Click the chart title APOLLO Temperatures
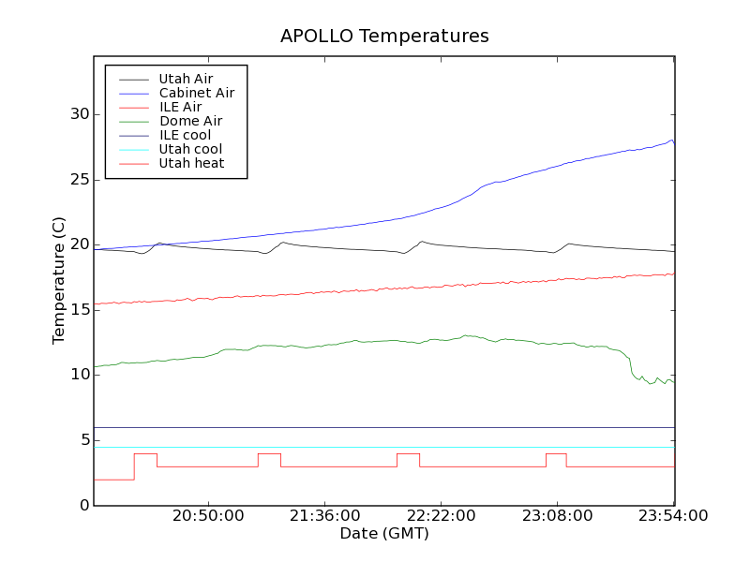click(x=384, y=37)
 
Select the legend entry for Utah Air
click(x=186, y=79)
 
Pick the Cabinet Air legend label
click(x=196, y=93)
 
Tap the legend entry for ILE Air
click(x=180, y=107)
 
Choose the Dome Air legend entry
click(x=190, y=121)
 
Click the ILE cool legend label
click(x=185, y=135)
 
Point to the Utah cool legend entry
click(x=190, y=149)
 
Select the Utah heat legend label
click(x=190, y=163)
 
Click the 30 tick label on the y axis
click(x=79, y=114)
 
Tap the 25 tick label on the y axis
click(x=79, y=180)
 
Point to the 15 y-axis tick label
click(x=79, y=310)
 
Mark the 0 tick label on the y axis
click(x=84, y=506)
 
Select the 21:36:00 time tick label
click(x=324, y=516)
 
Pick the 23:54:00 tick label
click(x=673, y=516)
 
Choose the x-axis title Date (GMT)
click(x=383, y=533)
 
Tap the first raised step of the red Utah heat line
click(x=145, y=454)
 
